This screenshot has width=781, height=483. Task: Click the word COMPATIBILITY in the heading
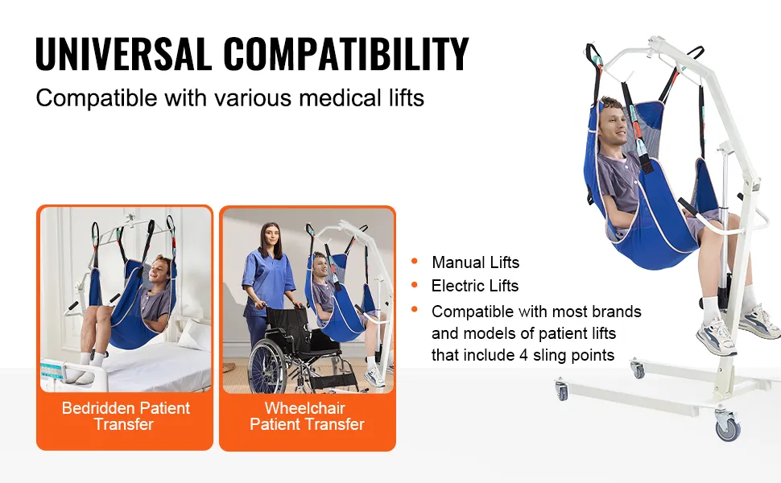tap(346, 53)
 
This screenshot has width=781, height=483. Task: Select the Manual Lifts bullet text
tap(475, 262)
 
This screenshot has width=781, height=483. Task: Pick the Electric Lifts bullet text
tap(475, 286)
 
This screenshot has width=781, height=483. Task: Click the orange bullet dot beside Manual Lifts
tap(415, 261)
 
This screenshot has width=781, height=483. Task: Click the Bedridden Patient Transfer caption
tap(125, 416)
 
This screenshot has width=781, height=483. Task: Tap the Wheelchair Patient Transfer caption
tap(307, 416)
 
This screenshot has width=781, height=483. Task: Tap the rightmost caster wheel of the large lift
tap(728, 425)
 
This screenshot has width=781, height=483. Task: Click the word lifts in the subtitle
tap(406, 97)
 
